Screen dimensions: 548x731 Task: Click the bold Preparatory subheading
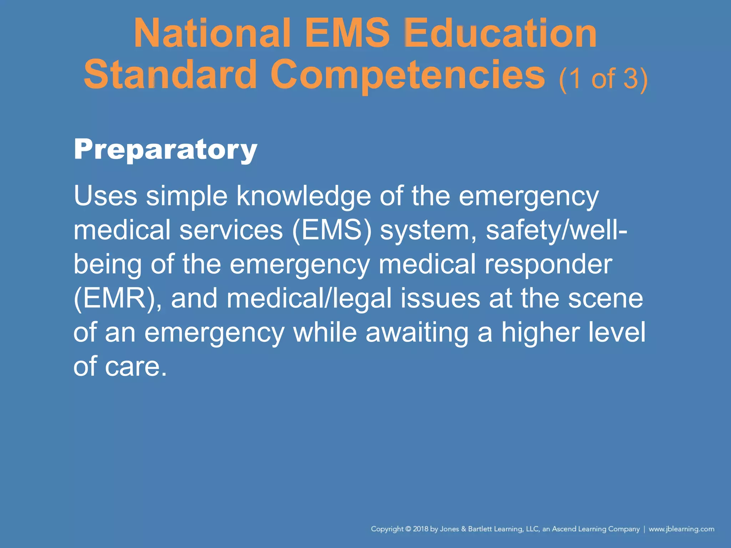165,150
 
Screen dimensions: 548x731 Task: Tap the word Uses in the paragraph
105,196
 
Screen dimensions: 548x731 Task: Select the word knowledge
303,196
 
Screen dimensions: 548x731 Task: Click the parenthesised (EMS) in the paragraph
332,230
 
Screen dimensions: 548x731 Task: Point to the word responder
548,264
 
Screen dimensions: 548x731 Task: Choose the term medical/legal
309,298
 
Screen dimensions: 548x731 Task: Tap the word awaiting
417,332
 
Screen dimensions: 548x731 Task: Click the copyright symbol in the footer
408,529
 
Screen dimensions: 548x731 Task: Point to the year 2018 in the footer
420,529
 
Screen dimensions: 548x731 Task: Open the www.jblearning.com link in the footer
681,529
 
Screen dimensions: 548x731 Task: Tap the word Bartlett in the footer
480,529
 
